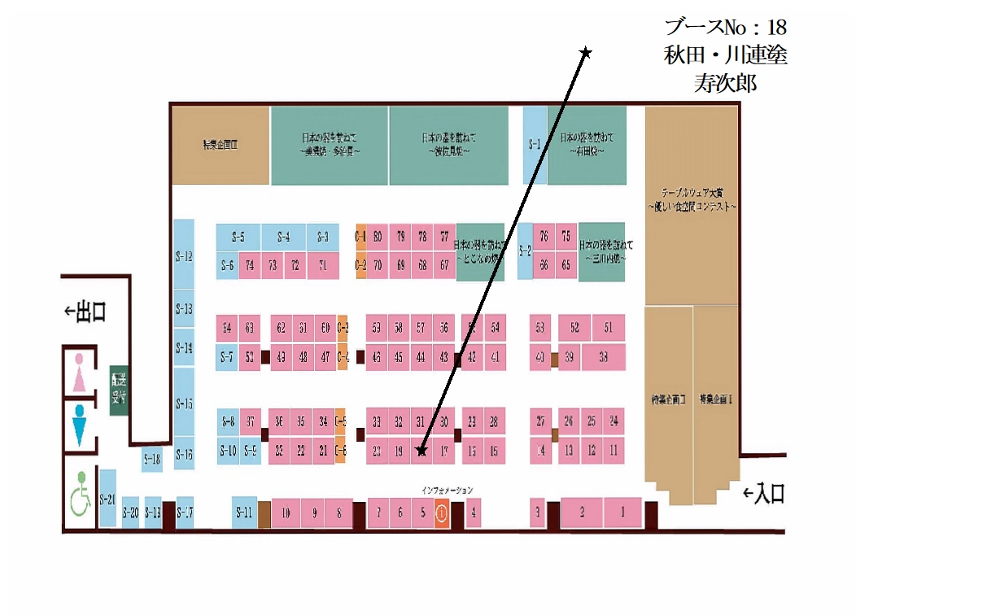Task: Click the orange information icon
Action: (441, 513)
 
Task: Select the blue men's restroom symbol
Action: (80, 425)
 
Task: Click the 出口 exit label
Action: (86, 312)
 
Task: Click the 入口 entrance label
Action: (765, 493)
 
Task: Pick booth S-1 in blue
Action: (534, 145)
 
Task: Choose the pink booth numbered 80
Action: (378, 237)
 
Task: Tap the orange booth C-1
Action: (360, 237)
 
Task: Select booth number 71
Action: (323, 265)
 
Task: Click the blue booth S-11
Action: (244, 512)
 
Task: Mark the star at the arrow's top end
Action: (585, 53)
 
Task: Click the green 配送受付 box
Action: (119, 390)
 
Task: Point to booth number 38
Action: (603, 356)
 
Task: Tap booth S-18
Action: (152, 460)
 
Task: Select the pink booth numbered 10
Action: (286, 513)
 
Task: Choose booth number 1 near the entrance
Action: (623, 512)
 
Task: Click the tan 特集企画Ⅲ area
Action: (220, 146)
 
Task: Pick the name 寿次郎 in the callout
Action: (725, 83)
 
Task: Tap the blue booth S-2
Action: (525, 251)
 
